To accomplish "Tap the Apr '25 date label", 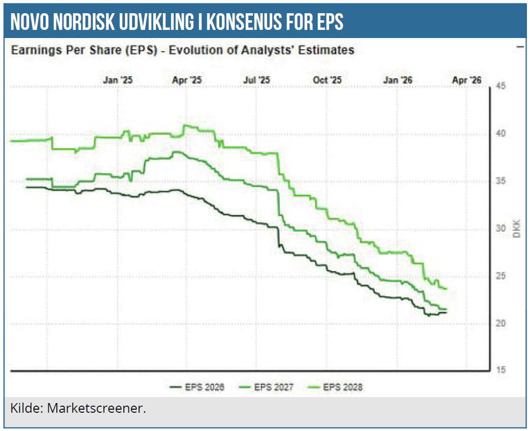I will click(x=187, y=80).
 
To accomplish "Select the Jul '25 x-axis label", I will click(x=257, y=80).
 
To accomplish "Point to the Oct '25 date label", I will click(x=327, y=80).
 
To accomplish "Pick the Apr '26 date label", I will click(x=466, y=80).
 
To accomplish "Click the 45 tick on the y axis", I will click(x=500, y=86).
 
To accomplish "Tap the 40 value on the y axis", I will click(x=500, y=134).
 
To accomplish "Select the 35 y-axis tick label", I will click(x=500, y=181).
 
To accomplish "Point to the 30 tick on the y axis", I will click(x=500, y=229).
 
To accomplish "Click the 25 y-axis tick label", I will click(x=500, y=276).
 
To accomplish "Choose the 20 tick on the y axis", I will click(x=500, y=324).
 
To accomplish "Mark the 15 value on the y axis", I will click(x=500, y=371).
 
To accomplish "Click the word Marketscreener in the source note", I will click(x=96, y=408).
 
